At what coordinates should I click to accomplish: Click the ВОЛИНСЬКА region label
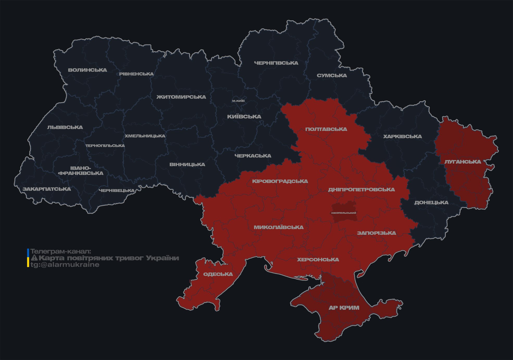coord(87,70)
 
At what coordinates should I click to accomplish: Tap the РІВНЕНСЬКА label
coord(136,74)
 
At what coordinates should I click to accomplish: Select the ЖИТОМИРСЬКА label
coord(181,97)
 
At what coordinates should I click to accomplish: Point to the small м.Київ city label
coord(238,101)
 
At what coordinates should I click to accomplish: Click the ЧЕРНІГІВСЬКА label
coord(276,63)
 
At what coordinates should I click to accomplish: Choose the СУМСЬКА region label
coord(332,75)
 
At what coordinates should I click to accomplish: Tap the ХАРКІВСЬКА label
coord(402,136)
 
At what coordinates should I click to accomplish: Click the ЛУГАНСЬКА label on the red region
coord(463,162)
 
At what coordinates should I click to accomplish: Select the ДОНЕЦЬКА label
coord(431,203)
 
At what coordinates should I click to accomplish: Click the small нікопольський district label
coord(344,213)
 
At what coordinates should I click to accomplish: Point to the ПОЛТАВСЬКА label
coord(326,129)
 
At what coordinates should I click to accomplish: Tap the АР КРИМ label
coord(344,308)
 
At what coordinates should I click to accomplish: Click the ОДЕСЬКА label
coord(218,274)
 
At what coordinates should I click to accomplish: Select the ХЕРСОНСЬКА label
coord(318,260)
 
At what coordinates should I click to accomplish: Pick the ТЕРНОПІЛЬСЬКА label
coord(105,146)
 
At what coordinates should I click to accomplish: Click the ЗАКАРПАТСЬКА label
coord(47,189)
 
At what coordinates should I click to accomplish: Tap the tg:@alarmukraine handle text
coord(65,265)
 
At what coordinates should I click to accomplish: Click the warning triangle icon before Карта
coord(34,258)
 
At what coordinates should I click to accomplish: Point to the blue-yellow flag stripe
coord(28,258)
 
